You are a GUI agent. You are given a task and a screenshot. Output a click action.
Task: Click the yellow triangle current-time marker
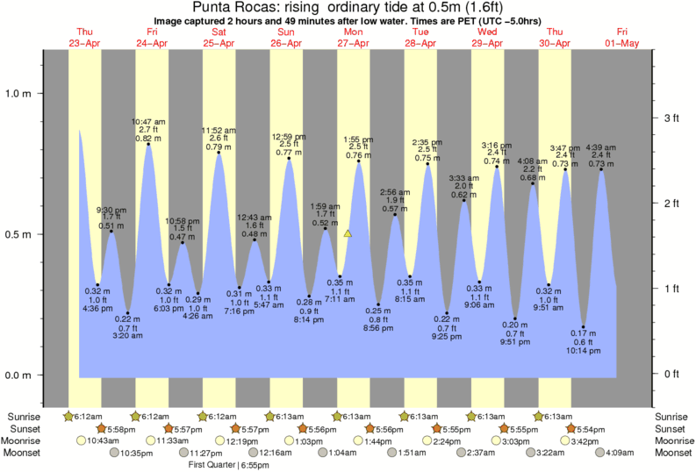click(x=348, y=234)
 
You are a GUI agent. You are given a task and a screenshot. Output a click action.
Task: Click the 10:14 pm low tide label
click(x=583, y=351)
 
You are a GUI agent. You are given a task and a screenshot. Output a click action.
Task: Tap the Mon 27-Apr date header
click(x=354, y=38)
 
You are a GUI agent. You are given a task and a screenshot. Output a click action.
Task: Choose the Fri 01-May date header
click(x=622, y=38)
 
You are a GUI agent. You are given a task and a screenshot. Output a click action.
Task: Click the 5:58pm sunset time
click(x=122, y=428)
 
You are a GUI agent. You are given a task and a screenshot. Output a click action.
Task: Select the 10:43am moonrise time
click(x=104, y=440)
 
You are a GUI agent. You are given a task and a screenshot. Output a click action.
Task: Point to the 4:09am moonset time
click(x=621, y=453)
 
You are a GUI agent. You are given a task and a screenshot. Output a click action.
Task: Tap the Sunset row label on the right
click(x=671, y=428)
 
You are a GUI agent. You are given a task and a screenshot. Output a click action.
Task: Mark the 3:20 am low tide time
click(x=128, y=336)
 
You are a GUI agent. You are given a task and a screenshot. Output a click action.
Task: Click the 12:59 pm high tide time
click(x=289, y=136)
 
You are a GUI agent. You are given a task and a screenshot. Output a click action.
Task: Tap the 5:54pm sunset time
click(x=592, y=428)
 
